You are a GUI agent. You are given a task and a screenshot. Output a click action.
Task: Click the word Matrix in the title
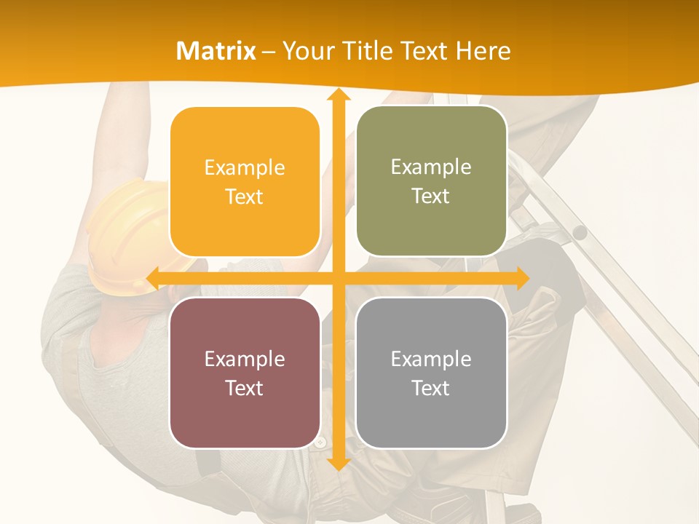coord(216,50)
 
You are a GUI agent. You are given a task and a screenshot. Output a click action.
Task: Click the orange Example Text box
coord(245,182)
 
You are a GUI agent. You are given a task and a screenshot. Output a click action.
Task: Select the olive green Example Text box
coord(431,181)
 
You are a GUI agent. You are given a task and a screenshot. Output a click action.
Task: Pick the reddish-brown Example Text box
coord(245,373)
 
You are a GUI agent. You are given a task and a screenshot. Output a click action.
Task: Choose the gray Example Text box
coord(431,373)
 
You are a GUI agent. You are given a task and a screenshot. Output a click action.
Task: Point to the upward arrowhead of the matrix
coord(338,95)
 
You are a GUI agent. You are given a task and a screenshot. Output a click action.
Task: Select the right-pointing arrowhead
coord(521,278)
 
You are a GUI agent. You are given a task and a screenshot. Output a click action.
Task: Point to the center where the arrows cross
coord(338,278)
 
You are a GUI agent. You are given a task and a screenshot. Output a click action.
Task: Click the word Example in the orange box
coord(245,168)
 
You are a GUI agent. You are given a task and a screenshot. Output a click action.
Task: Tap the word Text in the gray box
coord(431,388)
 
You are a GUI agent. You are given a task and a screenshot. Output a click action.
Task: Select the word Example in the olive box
coord(431,167)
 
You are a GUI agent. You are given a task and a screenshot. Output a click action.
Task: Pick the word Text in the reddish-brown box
coord(245,388)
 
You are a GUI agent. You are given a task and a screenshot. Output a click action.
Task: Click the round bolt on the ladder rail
coord(580,232)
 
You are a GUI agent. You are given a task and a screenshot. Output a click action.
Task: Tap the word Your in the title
coord(306,50)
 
